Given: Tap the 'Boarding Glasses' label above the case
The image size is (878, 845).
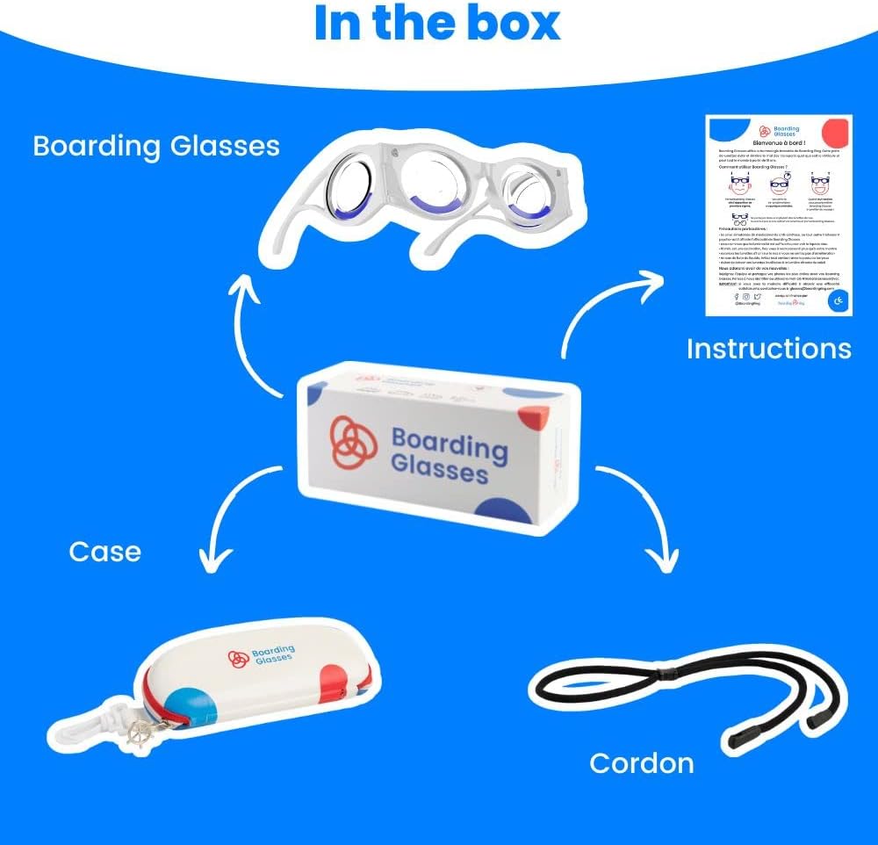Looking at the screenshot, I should tap(156, 145).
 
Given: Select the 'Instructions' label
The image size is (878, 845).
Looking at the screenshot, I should tap(768, 349).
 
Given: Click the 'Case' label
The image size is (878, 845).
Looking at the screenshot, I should tap(104, 552).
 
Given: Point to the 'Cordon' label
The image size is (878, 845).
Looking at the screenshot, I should tap(641, 762).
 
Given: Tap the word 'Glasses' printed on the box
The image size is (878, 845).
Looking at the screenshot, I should tap(439, 469).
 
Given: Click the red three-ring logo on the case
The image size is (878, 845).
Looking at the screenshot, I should tap(237, 658).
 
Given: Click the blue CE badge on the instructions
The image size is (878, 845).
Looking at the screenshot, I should tap(838, 303).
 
